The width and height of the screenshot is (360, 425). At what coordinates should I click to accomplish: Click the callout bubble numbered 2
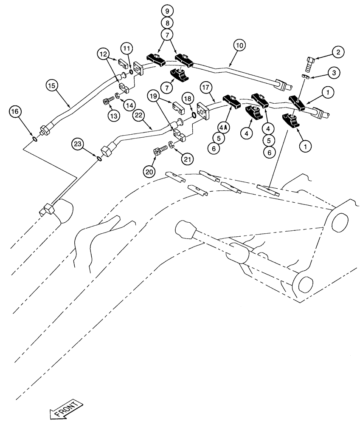(x=338, y=52)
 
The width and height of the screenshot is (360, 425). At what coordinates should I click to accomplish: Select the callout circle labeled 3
(x=334, y=73)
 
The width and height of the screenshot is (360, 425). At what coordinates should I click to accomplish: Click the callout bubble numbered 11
(x=127, y=48)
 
